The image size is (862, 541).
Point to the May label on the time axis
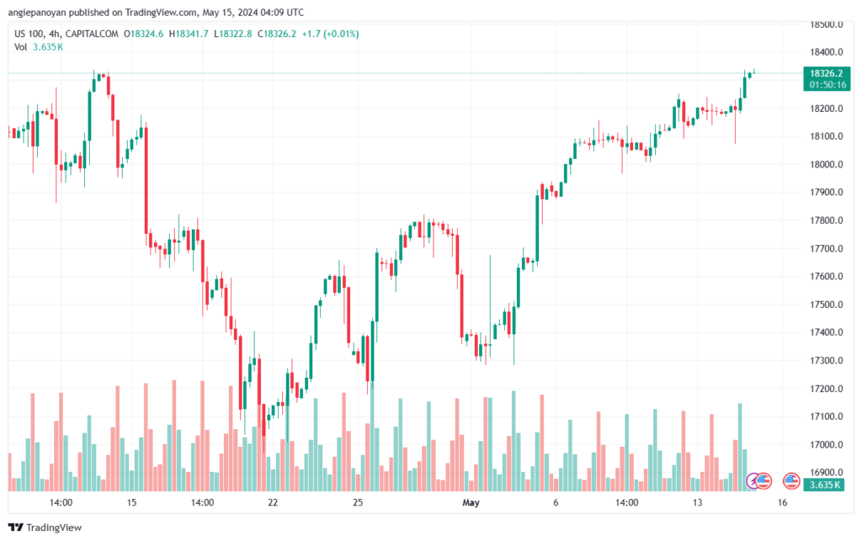click(x=471, y=502)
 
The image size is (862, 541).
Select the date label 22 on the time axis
click(x=272, y=502)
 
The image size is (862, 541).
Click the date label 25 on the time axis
click(x=358, y=502)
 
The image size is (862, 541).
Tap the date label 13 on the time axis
click(x=697, y=502)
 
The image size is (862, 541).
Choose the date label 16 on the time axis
click(x=782, y=502)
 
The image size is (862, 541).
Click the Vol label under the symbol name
click(x=21, y=47)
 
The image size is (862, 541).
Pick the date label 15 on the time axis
click(x=131, y=502)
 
